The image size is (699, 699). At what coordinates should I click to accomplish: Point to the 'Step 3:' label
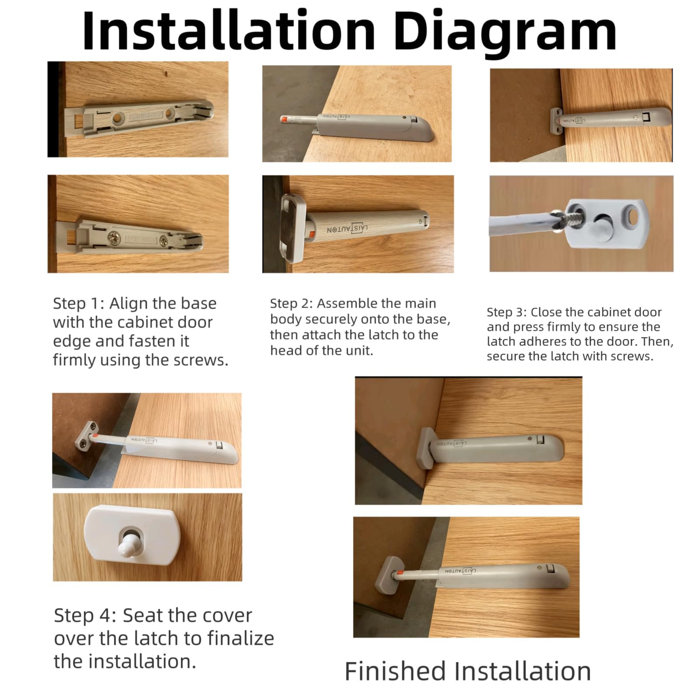(507, 312)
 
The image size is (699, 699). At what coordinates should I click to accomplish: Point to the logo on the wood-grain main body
(348, 229)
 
